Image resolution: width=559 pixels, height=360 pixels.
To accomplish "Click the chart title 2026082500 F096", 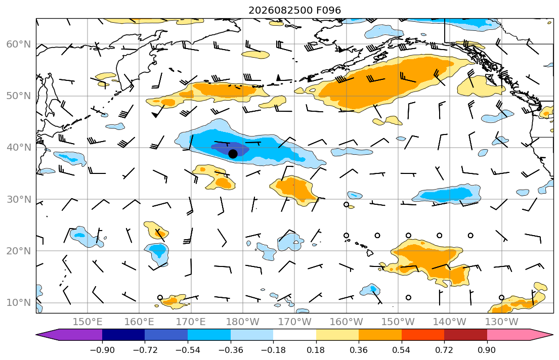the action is [x=294, y=10].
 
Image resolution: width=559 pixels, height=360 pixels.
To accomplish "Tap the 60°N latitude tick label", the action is [x=19, y=44].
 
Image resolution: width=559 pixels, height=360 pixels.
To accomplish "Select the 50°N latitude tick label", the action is [x=19, y=96].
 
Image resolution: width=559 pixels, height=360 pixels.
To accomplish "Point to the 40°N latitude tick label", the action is [x=19, y=147].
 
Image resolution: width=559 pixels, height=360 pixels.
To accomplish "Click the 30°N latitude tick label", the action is [x=19, y=199].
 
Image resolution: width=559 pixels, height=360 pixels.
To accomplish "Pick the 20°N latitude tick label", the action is [x=19, y=251].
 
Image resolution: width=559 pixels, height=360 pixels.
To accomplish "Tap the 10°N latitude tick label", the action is [x=19, y=303].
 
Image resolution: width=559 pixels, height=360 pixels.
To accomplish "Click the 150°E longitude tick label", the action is [x=88, y=322].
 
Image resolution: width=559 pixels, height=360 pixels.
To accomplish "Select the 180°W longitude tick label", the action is [x=243, y=322].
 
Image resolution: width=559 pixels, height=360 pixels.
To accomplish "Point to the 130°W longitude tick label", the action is [x=502, y=322].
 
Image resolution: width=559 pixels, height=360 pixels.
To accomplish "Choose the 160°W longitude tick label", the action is [x=346, y=322].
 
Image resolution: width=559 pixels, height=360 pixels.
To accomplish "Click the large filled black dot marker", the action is [x=233, y=154].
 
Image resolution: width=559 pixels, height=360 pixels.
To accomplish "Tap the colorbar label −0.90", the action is [x=102, y=350].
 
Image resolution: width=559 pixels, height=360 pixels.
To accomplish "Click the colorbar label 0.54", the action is [x=402, y=350].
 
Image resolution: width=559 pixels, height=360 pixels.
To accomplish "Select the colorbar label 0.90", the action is [x=487, y=350].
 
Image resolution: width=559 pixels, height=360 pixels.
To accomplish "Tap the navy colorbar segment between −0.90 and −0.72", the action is [x=124, y=335].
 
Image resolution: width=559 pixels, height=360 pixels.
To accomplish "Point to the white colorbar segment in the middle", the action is [x=295, y=335].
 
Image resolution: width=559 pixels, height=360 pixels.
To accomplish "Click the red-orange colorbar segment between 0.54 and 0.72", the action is [x=423, y=335].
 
